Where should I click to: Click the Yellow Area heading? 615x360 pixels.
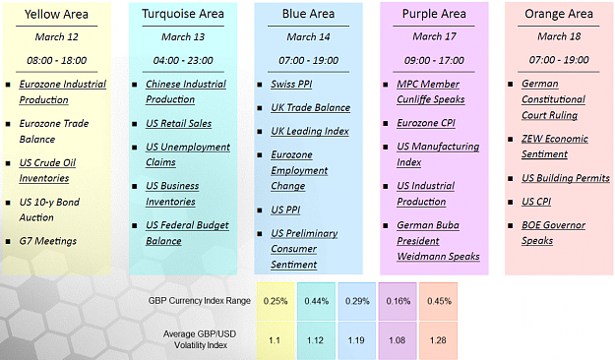pyautogui.click(x=56, y=15)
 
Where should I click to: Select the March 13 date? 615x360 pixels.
pyautogui.click(x=183, y=36)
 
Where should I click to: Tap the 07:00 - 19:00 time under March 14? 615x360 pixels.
pyautogui.click(x=308, y=60)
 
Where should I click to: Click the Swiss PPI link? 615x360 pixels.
pyautogui.click(x=291, y=85)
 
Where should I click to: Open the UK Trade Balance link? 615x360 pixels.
pyautogui.click(x=311, y=107)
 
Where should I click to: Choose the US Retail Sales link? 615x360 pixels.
pyautogui.click(x=178, y=124)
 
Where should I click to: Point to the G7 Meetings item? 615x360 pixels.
pyautogui.click(x=48, y=241)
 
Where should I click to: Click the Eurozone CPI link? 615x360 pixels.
pyautogui.click(x=426, y=123)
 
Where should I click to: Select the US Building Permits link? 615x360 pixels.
pyautogui.click(x=566, y=178)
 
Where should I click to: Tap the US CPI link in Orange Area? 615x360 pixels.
pyautogui.click(x=536, y=202)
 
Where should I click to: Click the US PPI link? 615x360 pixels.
pyautogui.click(x=285, y=210)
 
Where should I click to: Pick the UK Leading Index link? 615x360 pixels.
pyautogui.click(x=310, y=131)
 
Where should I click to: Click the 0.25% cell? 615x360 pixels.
pyautogui.click(x=276, y=301)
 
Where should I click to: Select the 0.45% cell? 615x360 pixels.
pyautogui.click(x=439, y=301)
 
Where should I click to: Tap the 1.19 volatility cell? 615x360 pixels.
pyautogui.click(x=356, y=340)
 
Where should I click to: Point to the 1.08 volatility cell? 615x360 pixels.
pyautogui.click(x=397, y=340)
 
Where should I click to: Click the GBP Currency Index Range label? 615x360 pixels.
pyautogui.click(x=199, y=301)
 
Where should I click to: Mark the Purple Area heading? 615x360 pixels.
pyautogui.click(x=434, y=14)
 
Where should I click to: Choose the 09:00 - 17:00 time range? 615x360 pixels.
pyautogui.click(x=434, y=60)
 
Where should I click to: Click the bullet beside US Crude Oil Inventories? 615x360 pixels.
pyautogui.click(x=8, y=163)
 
